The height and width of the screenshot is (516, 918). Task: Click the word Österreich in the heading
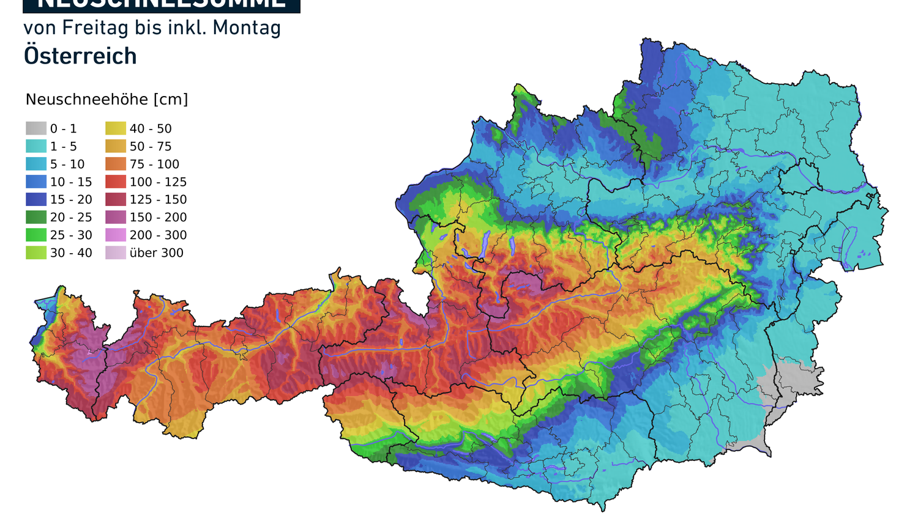point(80,56)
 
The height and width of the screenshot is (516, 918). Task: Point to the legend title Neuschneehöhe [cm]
point(106,100)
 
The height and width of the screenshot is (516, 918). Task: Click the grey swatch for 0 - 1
point(36,128)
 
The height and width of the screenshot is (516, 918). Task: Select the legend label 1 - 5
point(64,146)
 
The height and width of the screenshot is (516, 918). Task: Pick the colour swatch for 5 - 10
point(36,164)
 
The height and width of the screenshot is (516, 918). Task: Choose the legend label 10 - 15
point(71,182)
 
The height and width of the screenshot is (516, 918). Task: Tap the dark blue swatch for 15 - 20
point(36,199)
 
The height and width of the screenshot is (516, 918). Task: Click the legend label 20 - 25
point(71,217)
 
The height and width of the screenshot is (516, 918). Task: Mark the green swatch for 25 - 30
point(36,235)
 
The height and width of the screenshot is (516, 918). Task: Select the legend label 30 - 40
point(71,252)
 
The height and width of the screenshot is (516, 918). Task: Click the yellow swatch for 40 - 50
point(116,128)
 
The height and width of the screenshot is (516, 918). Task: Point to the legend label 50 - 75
point(151,146)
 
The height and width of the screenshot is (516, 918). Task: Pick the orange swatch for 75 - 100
point(116,164)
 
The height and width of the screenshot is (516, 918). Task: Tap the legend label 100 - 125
point(158,182)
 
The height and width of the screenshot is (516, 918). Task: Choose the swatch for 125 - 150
point(116,199)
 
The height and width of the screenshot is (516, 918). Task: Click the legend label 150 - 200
point(158,217)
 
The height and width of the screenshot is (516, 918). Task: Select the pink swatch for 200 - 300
point(116,235)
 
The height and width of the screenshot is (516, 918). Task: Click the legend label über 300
point(156,252)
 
